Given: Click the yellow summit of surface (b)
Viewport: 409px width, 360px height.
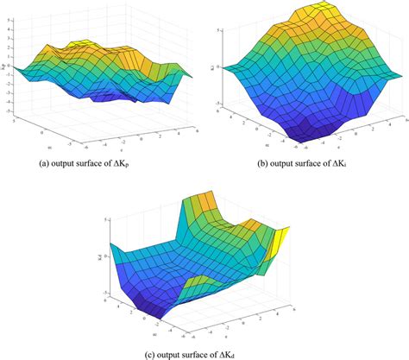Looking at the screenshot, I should point(311,12).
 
